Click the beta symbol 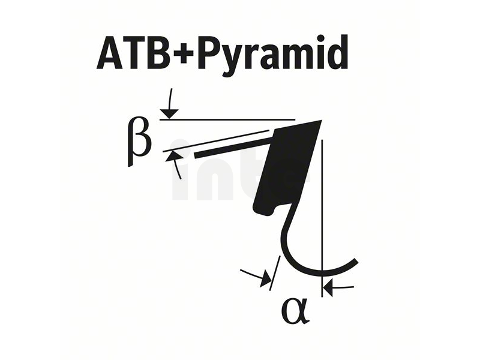coord(139,141)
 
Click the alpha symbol coord(296,311)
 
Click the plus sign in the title coord(184,53)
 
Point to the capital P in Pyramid coord(209,53)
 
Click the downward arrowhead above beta coord(169,113)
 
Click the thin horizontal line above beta coord(227,119)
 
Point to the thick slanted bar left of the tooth coord(233,147)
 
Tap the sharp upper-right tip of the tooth coord(322,121)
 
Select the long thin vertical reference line coord(322,218)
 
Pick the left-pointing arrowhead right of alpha coord(328,289)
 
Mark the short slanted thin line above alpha coord(275,274)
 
